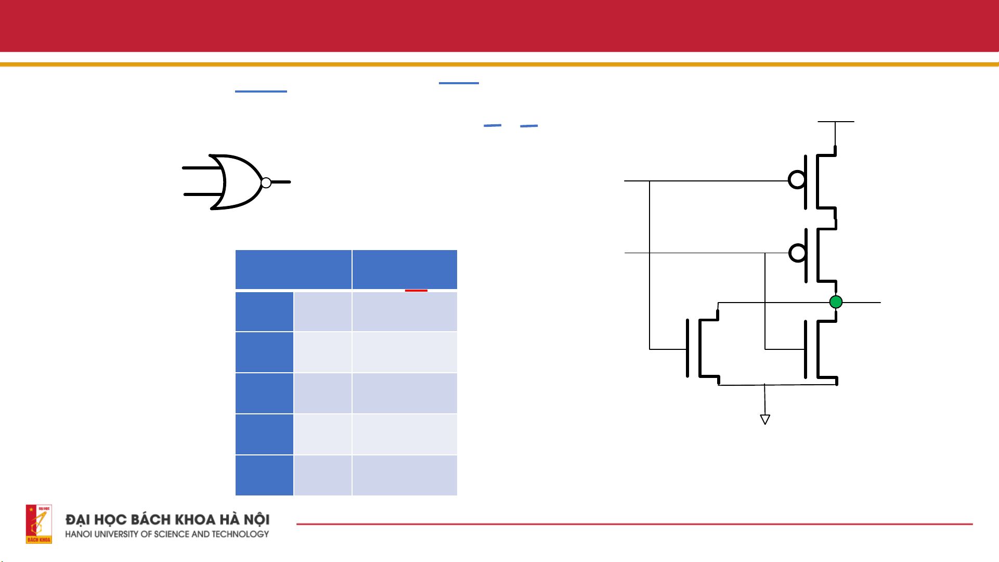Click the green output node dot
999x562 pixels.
[x=836, y=302]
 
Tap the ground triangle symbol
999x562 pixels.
[x=765, y=419]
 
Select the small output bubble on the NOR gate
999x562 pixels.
[x=266, y=182]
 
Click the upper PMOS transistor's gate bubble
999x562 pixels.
[x=797, y=180]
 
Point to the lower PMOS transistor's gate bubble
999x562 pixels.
[x=797, y=253]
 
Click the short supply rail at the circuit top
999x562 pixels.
[x=836, y=122]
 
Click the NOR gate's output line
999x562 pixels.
[x=281, y=182]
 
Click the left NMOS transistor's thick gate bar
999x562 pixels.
[x=687, y=348]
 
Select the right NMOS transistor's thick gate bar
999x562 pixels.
[x=806, y=349]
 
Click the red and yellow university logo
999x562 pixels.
[x=39, y=524]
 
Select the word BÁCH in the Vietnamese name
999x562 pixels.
[x=151, y=519]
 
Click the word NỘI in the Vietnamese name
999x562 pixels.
[x=257, y=519]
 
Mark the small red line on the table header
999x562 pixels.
[x=416, y=291]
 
